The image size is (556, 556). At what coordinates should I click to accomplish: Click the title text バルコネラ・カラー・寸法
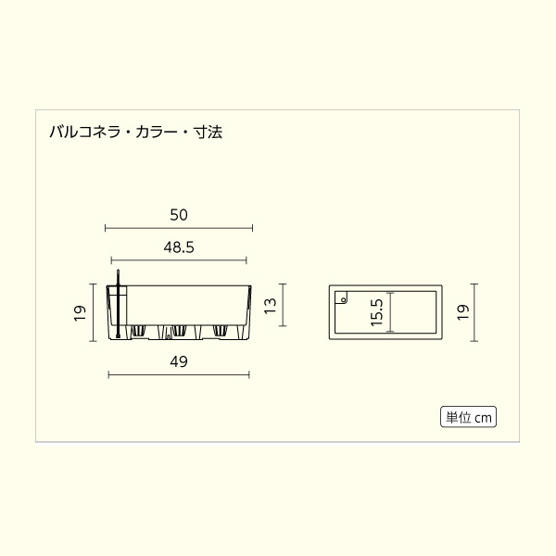[135, 133]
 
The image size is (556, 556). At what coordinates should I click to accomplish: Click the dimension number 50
[179, 214]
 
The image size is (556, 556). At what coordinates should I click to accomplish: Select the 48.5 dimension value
[178, 247]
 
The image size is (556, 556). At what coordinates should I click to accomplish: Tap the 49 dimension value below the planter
[179, 362]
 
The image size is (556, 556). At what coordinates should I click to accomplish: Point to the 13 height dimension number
[270, 306]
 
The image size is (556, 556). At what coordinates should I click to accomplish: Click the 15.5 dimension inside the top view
[375, 312]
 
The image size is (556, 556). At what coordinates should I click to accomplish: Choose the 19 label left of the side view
[80, 312]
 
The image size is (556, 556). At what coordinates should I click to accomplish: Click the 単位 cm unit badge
[468, 417]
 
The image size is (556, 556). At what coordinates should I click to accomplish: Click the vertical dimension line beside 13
[283, 306]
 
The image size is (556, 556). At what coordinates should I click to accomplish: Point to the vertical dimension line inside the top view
[391, 312]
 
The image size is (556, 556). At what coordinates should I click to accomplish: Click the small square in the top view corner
[341, 299]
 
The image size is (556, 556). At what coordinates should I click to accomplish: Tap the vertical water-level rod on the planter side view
[119, 306]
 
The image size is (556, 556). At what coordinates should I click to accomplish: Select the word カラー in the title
[159, 133]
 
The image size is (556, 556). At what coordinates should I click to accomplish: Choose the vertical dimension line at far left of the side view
[93, 312]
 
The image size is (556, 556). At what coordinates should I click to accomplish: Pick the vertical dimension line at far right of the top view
[475, 312]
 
